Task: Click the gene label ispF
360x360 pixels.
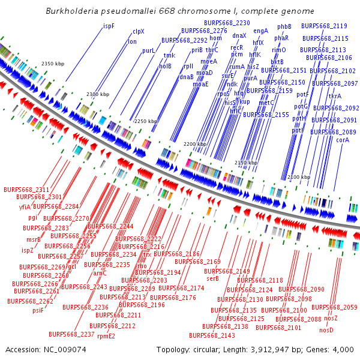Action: (x=109, y=26)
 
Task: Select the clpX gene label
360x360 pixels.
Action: (x=139, y=31)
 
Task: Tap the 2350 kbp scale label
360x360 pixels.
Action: (x=53, y=64)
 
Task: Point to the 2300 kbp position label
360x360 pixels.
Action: (x=98, y=95)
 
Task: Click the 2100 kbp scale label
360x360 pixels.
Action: (x=299, y=177)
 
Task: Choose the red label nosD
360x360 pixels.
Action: (x=326, y=330)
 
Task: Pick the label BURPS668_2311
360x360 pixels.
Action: (x=26, y=189)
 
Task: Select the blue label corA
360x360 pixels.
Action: (x=343, y=140)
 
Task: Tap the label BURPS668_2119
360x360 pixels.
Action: (x=324, y=26)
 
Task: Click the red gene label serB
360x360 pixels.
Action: (x=212, y=278)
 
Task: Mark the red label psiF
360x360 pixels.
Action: (x=38, y=310)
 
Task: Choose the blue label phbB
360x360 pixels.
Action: (x=284, y=26)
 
